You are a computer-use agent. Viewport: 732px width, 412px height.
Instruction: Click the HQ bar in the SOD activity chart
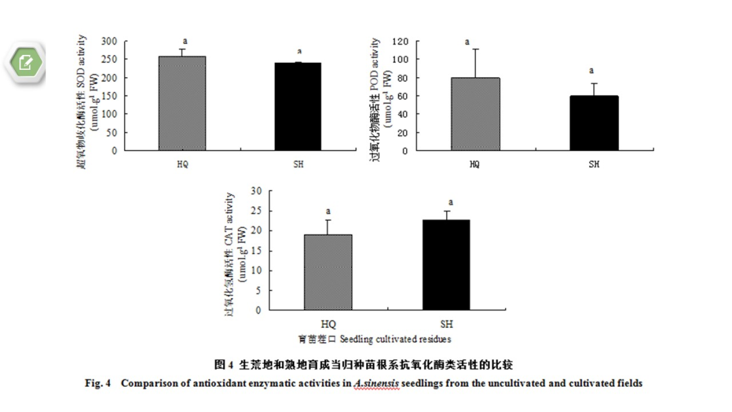[x=182, y=103]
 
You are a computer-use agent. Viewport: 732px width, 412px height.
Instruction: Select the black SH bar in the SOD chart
[x=298, y=106]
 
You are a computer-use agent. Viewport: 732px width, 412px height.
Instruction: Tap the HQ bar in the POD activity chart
[x=475, y=114]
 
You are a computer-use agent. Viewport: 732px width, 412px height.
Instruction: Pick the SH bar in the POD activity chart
[x=594, y=123]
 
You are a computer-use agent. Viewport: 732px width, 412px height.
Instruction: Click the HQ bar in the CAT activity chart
[x=328, y=272]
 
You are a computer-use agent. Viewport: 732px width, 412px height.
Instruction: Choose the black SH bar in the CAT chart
[x=446, y=265]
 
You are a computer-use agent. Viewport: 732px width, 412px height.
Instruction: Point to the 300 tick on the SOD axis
[x=110, y=41]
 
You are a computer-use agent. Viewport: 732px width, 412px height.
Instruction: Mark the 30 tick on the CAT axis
[x=256, y=190]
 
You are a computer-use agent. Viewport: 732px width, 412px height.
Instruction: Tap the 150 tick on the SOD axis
[x=110, y=96]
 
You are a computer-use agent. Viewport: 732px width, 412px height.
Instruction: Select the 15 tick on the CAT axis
[x=256, y=251]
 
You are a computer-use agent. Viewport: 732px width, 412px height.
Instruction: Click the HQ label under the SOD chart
[x=182, y=164]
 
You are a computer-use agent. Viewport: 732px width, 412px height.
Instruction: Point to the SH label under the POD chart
[x=594, y=164]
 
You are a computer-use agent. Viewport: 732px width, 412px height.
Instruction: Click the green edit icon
[x=26, y=63]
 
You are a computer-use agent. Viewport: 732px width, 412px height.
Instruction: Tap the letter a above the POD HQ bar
[x=466, y=41]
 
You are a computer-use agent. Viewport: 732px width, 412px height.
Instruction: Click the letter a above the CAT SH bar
[x=450, y=202]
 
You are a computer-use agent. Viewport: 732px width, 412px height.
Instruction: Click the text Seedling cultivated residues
[x=395, y=338]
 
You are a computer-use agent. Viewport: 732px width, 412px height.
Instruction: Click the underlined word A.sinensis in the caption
[x=375, y=384]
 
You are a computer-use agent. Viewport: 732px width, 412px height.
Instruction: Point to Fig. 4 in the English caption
[x=97, y=384]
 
